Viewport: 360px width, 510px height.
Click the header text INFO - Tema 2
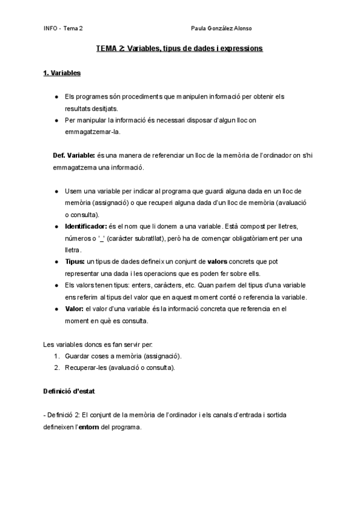[x=64, y=28]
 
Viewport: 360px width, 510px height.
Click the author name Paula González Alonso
[x=221, y=28]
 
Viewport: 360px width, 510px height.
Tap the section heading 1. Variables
[x=63, y=73]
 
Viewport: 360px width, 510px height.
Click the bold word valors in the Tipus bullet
[x=218, y=262]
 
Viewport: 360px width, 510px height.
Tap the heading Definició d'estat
[x=69, y=391]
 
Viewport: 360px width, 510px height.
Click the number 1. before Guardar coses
[x=56, y=356]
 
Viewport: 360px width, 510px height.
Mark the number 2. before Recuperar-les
[x=56, y=367]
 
